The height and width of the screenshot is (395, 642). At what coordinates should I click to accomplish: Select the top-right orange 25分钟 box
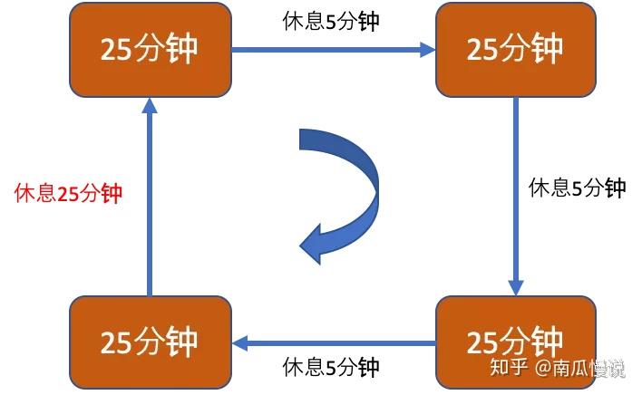pos(515,49)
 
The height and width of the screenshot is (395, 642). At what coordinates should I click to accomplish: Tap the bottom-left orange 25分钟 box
pos(151,342)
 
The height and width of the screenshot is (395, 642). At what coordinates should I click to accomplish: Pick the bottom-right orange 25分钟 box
pos(515,342)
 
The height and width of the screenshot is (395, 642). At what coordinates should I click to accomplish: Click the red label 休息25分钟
pos(69,193)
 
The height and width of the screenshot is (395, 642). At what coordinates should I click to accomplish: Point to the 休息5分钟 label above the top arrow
pos(331,22)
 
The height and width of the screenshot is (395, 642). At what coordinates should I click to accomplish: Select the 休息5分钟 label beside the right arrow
pos(578,188)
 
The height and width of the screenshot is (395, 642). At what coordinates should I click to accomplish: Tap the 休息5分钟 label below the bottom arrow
pos(331,367)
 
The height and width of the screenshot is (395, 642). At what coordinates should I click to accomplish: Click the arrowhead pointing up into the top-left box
pos(151,105)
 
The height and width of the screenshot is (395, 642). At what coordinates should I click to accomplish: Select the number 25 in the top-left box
pos(116,49)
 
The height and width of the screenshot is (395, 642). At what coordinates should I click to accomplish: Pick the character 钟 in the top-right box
pos(547,49)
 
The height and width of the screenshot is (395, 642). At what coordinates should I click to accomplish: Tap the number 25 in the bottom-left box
pos(116,342)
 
